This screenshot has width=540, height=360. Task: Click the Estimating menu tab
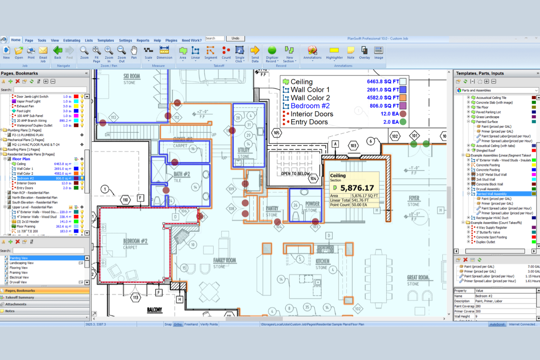pyautogui.click(x=72, y=40)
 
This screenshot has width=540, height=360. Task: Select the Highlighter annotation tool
pyautogui.click(x=334, y=53)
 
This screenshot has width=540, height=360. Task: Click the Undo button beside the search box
pyautogui.click(x=235, y=38)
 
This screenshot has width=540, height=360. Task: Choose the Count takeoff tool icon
pyautogui.click(x=226, y=53)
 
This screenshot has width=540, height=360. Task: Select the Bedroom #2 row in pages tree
pyautogui.click(x=26, y=178)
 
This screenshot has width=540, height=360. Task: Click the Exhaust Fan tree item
pyautogui.click(x=25, y=106)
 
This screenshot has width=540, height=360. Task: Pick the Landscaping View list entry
pyautogui.click(x=22, y=263)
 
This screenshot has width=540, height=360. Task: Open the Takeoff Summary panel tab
pyautogui.click(x=20, y=298)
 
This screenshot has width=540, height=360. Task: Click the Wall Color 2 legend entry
pyautogui.click(x=310, y=98)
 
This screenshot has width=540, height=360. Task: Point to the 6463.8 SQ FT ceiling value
pyautogui.click(x=383, y=82)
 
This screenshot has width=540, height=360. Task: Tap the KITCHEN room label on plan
pyautogui.click(x=323, y=262)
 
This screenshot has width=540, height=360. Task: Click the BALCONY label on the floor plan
pyautogui.click(x=154, y=310)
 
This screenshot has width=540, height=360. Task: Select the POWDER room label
pyautogui.click(x=312, y=204)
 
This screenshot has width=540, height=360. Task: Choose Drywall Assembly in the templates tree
pyautogui.click(x=488, y=189)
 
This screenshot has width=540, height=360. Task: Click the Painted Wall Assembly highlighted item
pyautogui.click(x=491, y=194)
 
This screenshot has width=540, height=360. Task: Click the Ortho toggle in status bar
pyautogui.click(x=178, y=324)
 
